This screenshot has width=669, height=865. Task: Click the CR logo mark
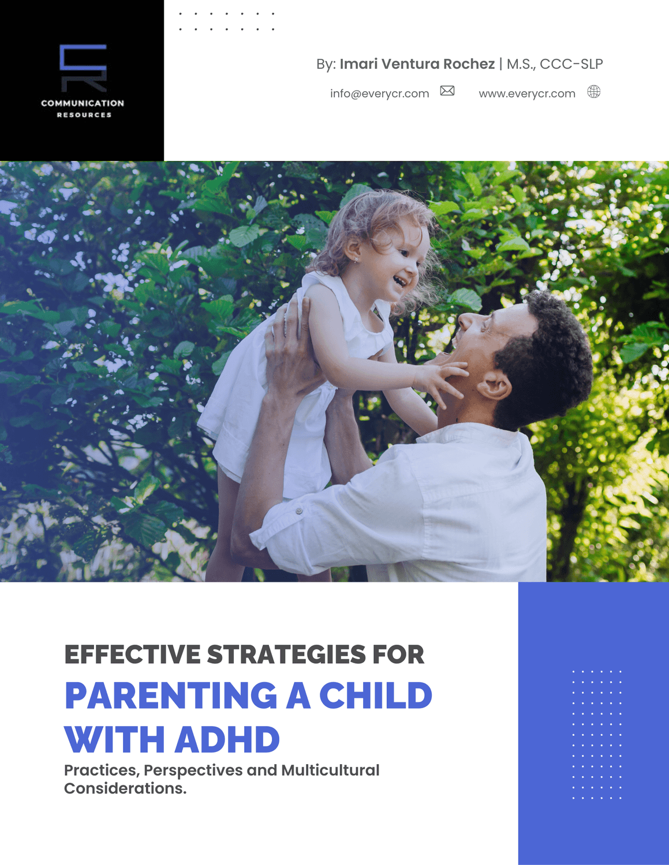tap(83, 67)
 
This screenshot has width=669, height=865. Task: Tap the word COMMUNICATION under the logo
tap(83, 103)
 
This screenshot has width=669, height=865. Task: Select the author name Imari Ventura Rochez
tap(417, 63)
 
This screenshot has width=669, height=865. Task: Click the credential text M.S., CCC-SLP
tap(555, 63)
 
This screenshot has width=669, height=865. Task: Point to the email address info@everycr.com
tap(379, 93)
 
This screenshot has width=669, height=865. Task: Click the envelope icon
tap(447, 91)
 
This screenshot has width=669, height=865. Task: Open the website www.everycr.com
tap(527, 93)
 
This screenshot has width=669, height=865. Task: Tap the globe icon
tap(594, 92)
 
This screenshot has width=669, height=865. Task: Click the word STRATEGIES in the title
tap(286, 654)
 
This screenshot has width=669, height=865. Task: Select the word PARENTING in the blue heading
tap(171, 695)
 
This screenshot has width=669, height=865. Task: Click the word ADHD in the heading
tap(227, 739)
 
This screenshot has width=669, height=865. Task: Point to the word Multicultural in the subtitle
tap(330, 770)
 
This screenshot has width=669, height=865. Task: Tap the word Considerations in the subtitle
tap(125, 788)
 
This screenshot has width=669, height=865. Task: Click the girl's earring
tap(356, 259)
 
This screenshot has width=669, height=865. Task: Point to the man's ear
tap(495, 386)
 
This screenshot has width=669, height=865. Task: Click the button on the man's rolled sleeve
tap(299, 511)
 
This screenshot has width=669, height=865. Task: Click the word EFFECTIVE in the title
tap(132, 654)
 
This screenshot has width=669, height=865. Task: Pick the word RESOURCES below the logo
tap(84, 115)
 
